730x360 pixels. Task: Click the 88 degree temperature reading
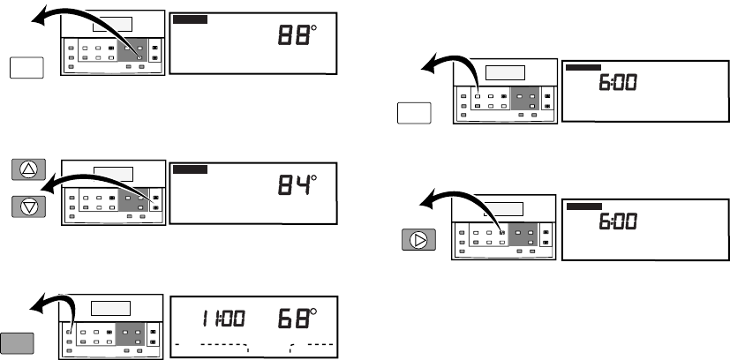297,35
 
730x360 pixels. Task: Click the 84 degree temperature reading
297,184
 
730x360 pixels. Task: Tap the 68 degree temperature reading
297,319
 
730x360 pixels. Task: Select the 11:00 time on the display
223,319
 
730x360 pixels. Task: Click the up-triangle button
28,169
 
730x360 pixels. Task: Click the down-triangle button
28,206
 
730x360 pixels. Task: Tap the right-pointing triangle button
419,240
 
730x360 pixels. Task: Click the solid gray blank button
17,343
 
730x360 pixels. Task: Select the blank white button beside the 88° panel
26,68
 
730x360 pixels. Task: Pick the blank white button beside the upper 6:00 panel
414,113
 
